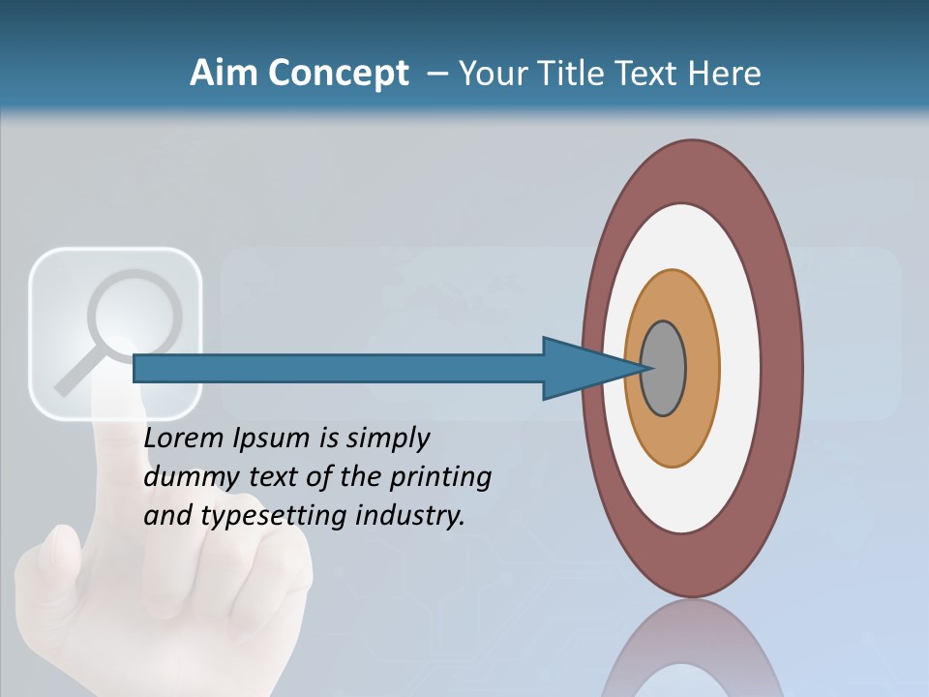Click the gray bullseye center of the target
tap(664, 369)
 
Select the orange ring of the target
tap(702, 369)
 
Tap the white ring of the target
tap(739, 369)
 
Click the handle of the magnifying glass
tap(72, 379)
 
